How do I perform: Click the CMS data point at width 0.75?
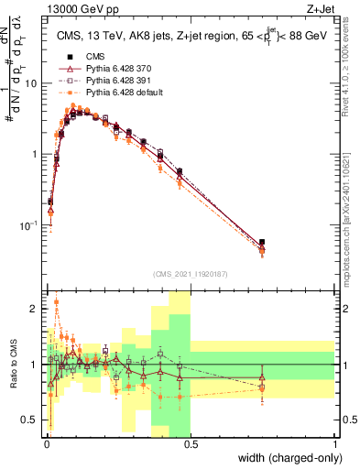click(263, 243)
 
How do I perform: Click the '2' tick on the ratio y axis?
click(36, 309)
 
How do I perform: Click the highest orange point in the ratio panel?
click(57, 301)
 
